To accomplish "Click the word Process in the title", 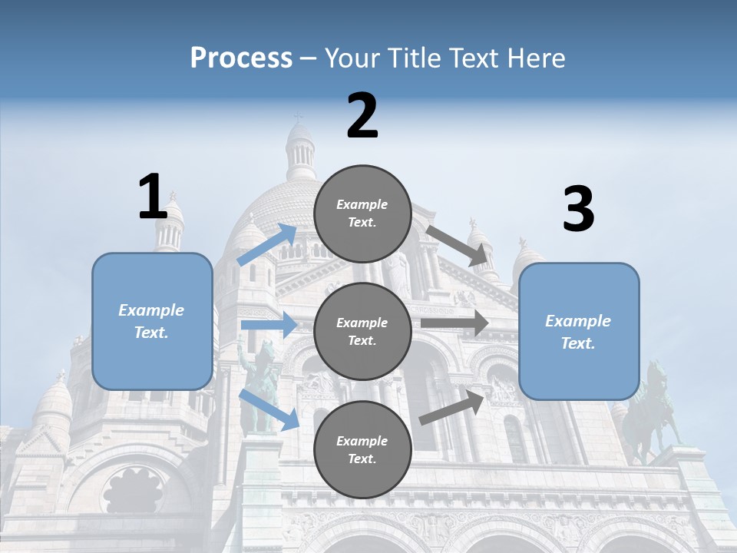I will click(x=241, y=58).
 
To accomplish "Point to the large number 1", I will click(x=153, y=197).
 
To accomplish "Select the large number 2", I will click(x=362, y=116).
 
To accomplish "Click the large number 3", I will click(x=578, y=210).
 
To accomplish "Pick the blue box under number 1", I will click(x=152, y=321).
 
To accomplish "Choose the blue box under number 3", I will click(x=579, y=331).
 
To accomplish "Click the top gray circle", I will click(x=362, y=214).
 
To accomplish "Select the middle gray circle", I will click(x=362, y=331).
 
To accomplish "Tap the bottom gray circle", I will click(x=362, y=449).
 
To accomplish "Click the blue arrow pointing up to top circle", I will click(x=267, y=244).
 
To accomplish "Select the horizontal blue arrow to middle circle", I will click(x=268, y=325).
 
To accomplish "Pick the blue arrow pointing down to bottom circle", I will click(x=269, y=409).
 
